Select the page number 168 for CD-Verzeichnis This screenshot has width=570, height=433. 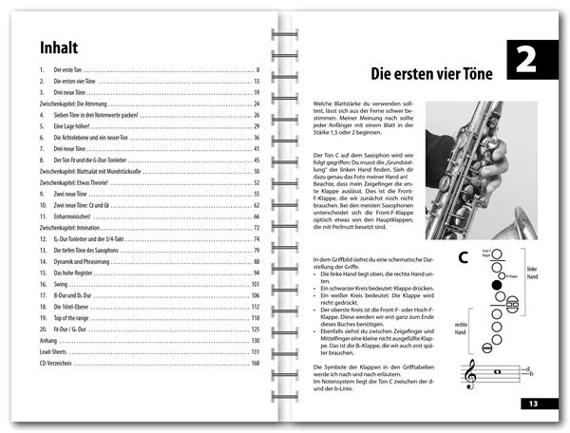pos(255,362)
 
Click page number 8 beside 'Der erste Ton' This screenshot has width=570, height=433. pos(257,71)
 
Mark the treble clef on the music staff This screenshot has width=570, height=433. pos(469,377)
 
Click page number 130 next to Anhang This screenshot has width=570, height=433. pos(255,339)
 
